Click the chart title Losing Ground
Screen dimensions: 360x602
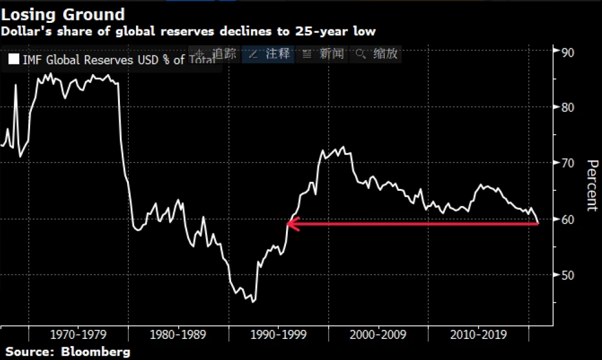(63, 14)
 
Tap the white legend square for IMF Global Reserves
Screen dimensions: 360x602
(13, 60)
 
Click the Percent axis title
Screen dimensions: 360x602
(591, 185)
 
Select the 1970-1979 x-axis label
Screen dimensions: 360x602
(78, 334)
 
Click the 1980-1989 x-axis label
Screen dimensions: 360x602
(178, 334)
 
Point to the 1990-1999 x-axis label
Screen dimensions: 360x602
(278, 334)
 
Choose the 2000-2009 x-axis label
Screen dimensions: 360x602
(378, 334)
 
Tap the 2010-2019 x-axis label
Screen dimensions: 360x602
(478, 334)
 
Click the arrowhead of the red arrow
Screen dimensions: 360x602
(290, 224)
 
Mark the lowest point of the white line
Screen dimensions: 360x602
(253, 302)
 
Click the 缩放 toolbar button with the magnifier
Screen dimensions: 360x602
(377, 54)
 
